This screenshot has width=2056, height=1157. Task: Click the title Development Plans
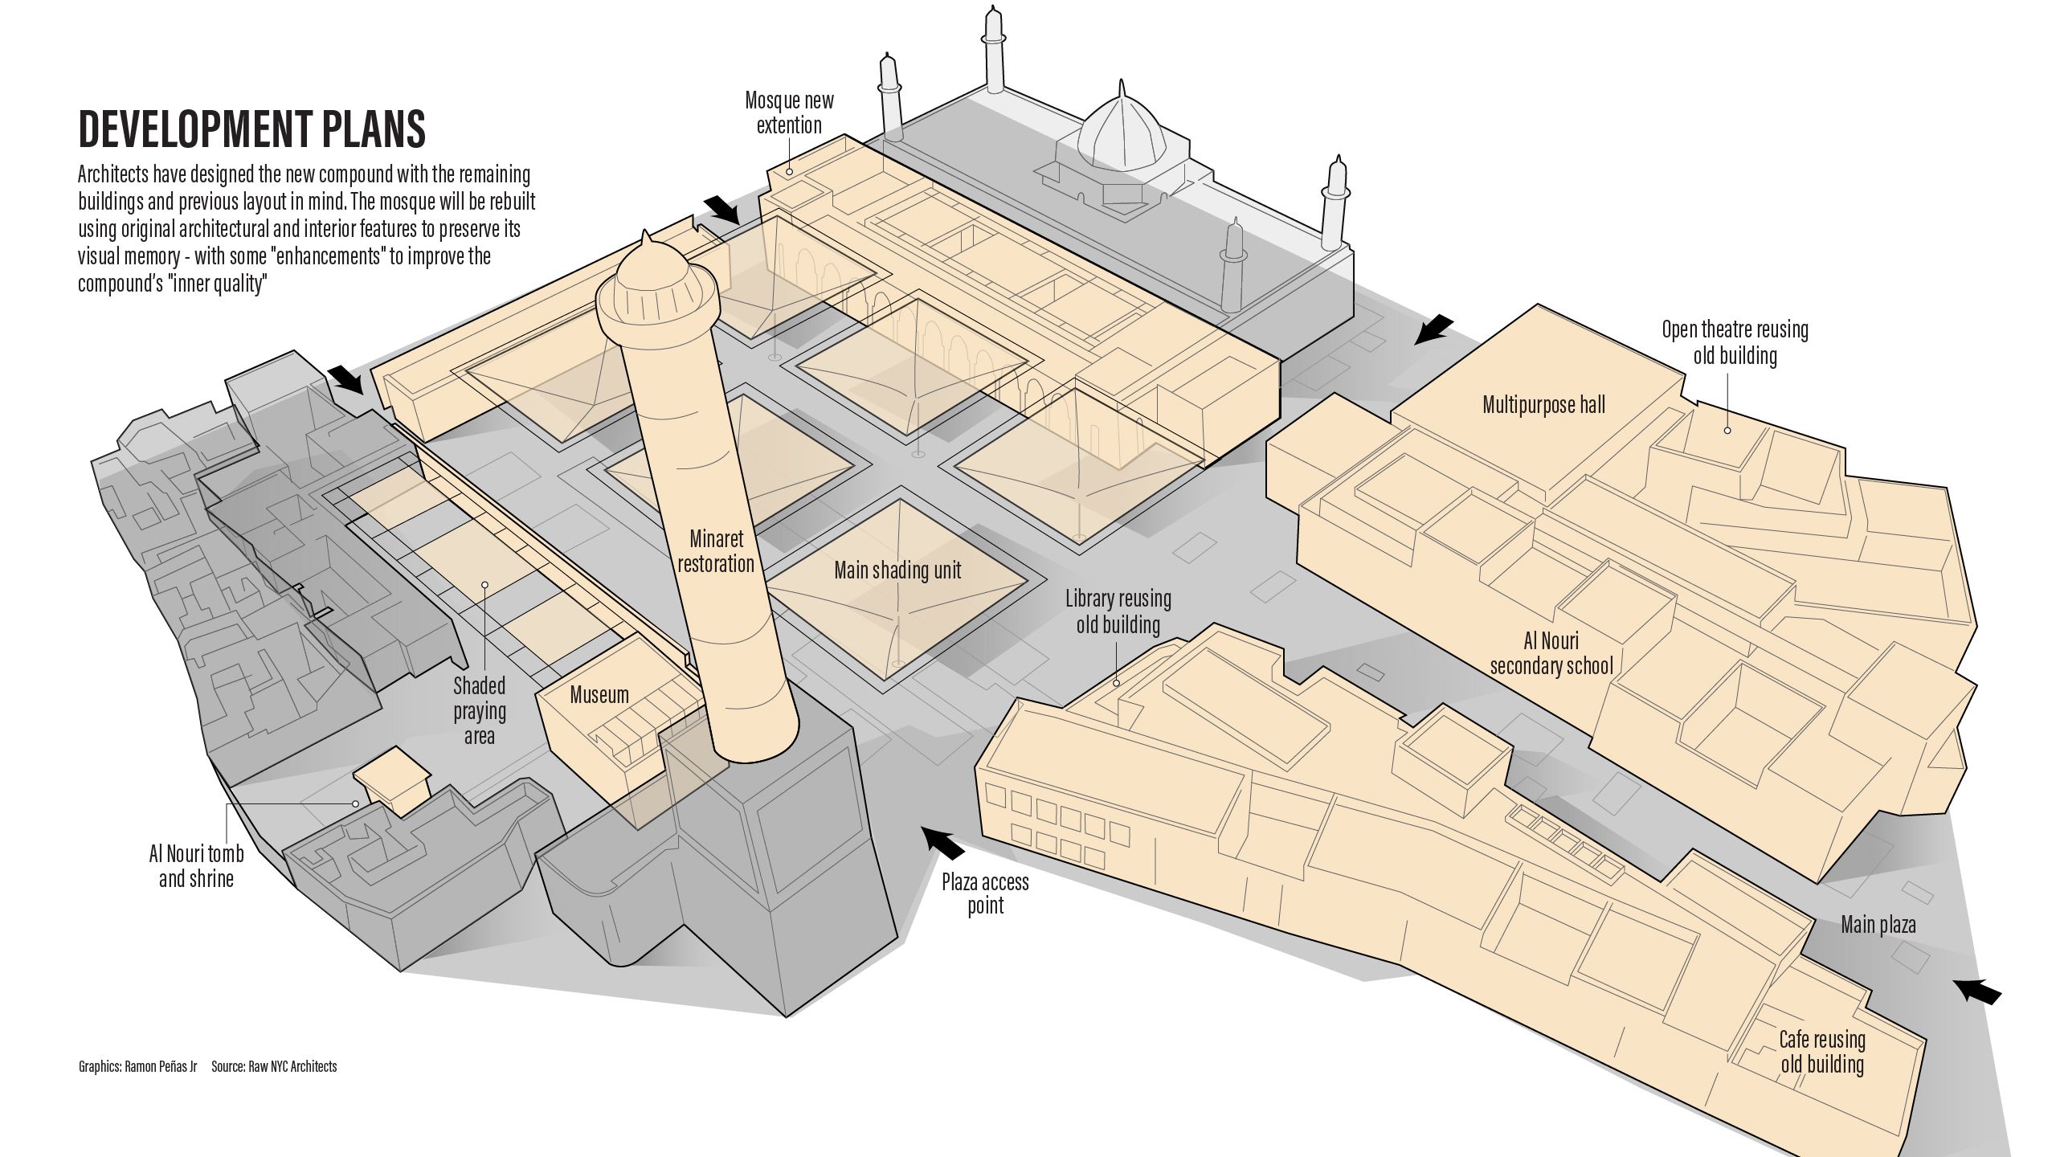point(251,129)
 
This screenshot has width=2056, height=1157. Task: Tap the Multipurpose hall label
point(1543,404)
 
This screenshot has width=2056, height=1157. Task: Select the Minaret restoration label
point(716,550)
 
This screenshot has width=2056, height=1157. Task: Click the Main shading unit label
point(897,570)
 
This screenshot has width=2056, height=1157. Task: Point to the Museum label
point(599,695)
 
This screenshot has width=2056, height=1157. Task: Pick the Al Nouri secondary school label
point(1551,653)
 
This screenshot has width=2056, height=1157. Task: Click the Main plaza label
point(1878,925)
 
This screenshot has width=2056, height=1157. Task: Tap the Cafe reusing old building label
point(1821,1052)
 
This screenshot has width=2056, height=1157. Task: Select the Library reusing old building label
point(1118,611)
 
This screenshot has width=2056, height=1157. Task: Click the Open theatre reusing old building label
point(1735,342)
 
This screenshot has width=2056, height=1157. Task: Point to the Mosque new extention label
point(789,112)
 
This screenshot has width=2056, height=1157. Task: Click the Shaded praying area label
point(480,710)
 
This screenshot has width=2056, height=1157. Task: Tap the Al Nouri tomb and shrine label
point(196,865)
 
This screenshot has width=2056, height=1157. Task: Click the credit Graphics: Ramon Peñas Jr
point(137,1067)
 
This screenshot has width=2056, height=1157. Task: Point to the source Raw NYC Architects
point(274,1067)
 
